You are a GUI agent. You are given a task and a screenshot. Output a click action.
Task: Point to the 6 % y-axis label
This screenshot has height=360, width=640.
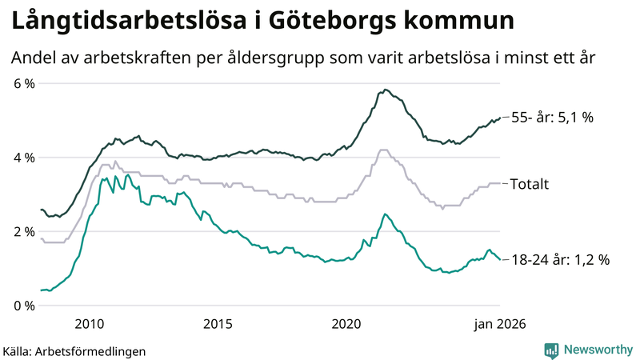tap(22, 83)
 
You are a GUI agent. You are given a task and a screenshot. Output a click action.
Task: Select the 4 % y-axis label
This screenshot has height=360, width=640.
tap(22, 158)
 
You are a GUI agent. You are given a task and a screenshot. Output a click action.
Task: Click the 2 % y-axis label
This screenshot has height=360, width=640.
tap(22, 232)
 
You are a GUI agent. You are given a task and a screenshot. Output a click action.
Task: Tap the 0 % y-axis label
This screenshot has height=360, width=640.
tap(22, 306)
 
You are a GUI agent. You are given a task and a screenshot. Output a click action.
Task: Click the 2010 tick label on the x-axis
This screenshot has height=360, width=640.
tap(89, 323)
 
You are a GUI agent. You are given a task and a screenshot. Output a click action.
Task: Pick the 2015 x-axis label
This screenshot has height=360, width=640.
tap(218, 323)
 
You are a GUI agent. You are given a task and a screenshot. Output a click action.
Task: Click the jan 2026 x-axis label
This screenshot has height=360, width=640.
tap(499, 323)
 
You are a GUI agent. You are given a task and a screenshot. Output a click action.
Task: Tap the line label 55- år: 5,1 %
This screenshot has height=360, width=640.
tap(553, 118)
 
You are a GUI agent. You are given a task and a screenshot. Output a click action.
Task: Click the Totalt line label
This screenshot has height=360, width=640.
tap(530, 184)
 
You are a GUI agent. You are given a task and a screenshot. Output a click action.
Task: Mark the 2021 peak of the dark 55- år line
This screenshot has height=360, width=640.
tap(385, 90)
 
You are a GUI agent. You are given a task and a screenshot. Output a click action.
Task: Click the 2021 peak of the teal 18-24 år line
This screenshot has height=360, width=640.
tap(385, 214)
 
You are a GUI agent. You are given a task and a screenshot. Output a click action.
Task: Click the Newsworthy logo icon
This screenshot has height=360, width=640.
tap(551, 350)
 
